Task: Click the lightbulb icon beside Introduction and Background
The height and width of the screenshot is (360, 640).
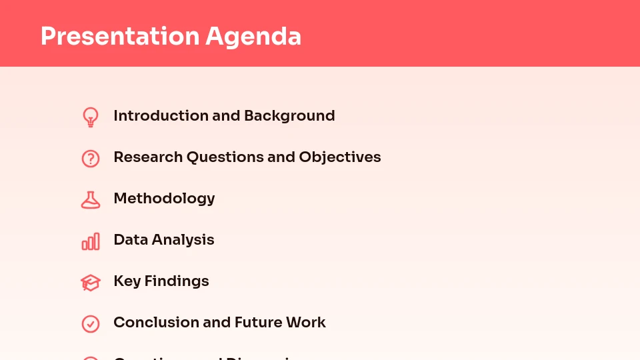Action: [x=91, y=117]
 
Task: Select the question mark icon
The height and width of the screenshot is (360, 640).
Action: [x=91, y=158]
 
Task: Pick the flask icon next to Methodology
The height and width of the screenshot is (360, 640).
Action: [x=91, y=199]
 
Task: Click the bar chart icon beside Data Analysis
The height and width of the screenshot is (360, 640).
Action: [x=91, y=241]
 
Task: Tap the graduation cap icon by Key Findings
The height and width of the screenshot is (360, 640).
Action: [x=91, y=283]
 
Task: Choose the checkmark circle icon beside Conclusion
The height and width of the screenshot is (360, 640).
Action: [x=91, y=323]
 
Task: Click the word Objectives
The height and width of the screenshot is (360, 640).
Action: [x=340, y=157]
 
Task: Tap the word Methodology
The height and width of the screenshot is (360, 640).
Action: [x=164, y=198]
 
